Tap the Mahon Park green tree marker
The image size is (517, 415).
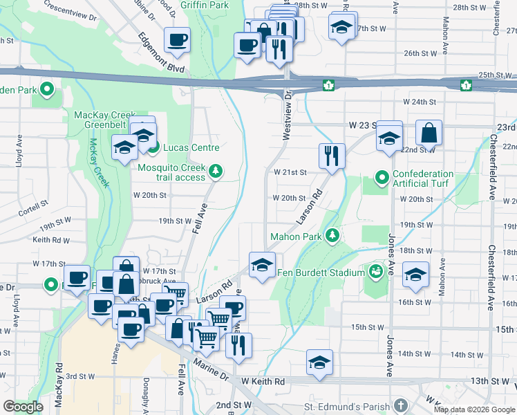tap(333, 235)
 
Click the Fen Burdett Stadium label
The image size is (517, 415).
tap(321, 273)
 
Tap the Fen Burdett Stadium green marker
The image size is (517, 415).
tap(376, 271)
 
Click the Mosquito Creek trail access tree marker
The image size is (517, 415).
tap(216, 170)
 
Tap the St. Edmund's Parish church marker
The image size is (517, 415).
tap(400, 405)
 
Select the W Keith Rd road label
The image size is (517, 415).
tap(263, 381)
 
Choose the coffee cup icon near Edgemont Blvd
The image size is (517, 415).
tap(177, 39)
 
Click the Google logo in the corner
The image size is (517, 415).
tap(23, 407)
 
